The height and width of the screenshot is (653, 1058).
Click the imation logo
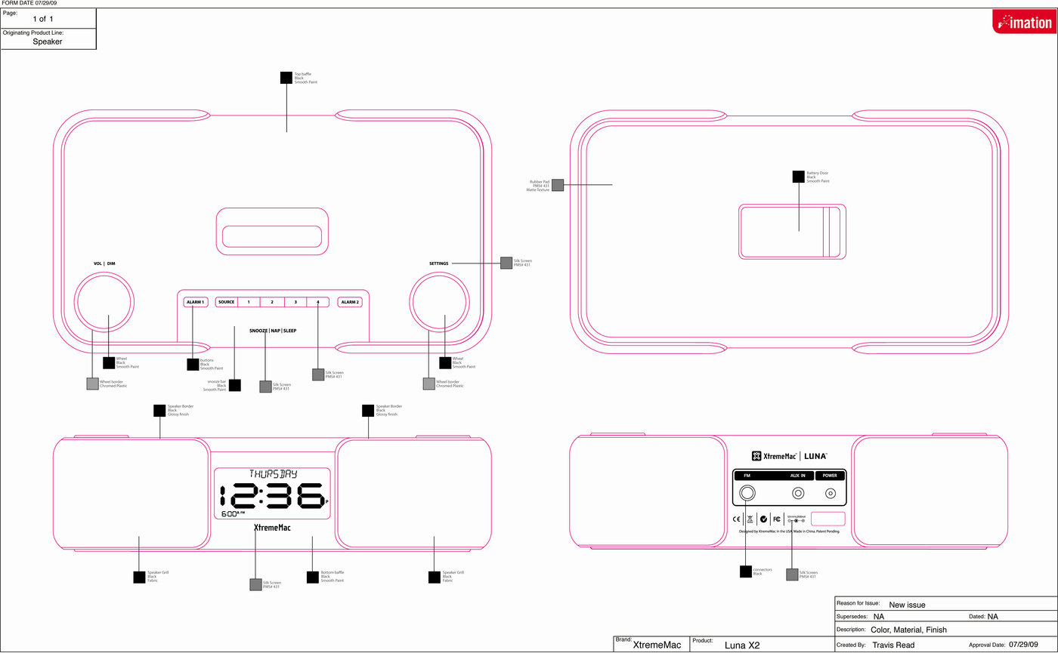(1022, 22)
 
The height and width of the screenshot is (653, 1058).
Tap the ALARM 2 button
(349, 302)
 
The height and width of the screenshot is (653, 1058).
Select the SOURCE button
(226, 302)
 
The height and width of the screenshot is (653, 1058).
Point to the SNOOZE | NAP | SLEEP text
(273, 331)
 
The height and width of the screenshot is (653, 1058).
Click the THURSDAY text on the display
(273, 474)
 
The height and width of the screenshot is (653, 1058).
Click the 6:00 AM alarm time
(233, 513)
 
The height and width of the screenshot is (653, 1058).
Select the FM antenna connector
(747, 494)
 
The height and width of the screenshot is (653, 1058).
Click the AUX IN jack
(797, 494)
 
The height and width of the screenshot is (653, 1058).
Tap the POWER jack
(831, 494)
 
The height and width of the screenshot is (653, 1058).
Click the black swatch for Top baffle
(286, 77)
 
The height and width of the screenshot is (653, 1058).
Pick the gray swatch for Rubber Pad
(558, 185)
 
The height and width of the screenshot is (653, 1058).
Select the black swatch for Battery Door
(798, 177)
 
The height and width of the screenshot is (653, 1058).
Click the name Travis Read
(893, 645)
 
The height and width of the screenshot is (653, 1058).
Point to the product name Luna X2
(742, 645)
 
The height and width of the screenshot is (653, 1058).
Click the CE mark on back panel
(737, 519)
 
